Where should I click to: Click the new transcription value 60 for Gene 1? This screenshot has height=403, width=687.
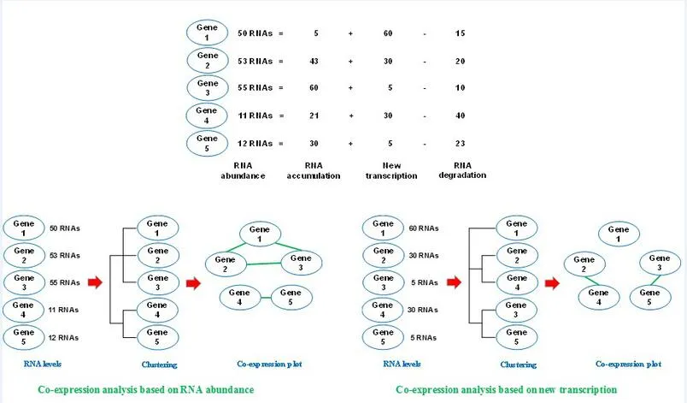click(x=388, y=33)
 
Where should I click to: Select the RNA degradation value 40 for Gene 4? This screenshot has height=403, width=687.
click(x=460, y=116)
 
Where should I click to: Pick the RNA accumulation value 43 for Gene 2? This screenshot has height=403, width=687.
click(x=314, y=62)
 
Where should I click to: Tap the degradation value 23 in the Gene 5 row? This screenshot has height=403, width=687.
click(x=460, y=144)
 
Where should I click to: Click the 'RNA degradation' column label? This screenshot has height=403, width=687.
click(x=462, y=170)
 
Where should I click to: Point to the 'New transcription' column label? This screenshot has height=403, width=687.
click(x=391, y=170)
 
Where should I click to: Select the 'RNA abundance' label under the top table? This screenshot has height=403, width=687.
click(x=243, y=170)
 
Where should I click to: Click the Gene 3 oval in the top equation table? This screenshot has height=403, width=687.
click(x=208, y=88)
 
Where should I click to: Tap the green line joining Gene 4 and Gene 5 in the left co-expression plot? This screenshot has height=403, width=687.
click(x=265, y=298)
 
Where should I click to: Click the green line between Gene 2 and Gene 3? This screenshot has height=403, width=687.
click(x=263, y=264)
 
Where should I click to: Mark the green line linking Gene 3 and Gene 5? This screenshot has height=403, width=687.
click(x=655, y=280)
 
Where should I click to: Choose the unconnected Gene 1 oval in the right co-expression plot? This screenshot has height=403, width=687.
click(x=619, y=234)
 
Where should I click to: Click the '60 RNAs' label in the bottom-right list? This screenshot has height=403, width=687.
click(x=424, y=228)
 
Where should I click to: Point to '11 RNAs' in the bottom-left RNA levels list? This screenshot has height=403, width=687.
click(x=63, y=310)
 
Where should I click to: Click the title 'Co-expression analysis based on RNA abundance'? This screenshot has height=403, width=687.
click(x=146, y=389)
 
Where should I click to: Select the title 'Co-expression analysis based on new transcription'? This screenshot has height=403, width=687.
click(x=506, y=389)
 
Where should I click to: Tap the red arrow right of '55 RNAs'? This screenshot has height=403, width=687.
click(x=95, y=282)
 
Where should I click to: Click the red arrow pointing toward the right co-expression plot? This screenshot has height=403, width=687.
click(x=553, y=283)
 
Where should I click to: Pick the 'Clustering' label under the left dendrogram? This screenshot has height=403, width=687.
click(x=159, y=364)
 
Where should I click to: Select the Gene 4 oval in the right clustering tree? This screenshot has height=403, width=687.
click(x=517, y=282)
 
